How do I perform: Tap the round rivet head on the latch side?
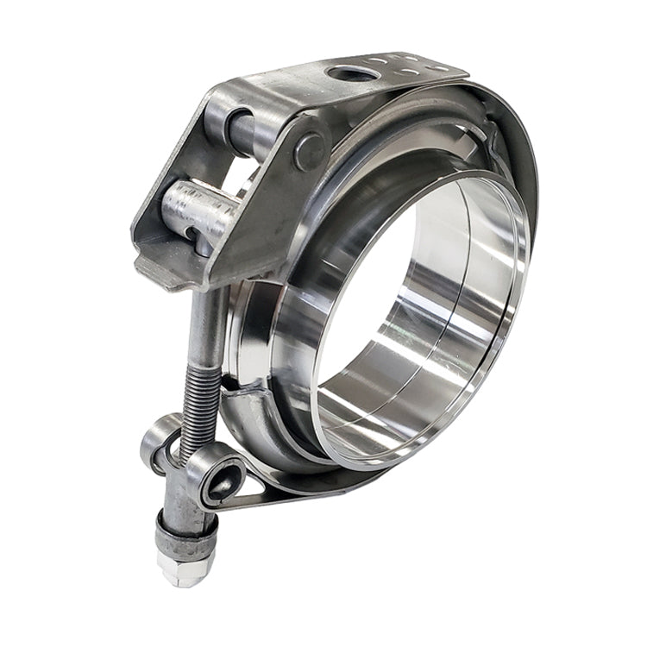pos(309,150)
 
